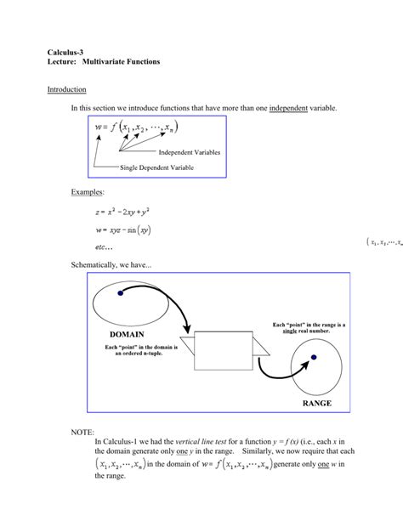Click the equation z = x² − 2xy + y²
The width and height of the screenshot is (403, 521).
(128, 212)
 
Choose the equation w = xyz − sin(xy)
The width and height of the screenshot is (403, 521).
(128, 228)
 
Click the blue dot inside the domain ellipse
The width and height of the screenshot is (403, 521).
(121, 292)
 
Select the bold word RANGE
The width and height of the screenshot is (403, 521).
(317, 403)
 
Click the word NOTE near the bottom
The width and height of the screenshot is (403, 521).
(83, 433)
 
